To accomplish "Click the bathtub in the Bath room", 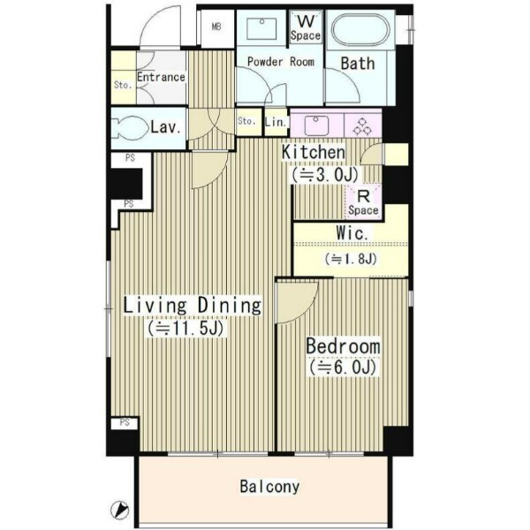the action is [x=360, y=30].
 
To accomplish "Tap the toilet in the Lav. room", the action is [x=130, y=128].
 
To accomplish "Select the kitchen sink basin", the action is [x=316, y=125].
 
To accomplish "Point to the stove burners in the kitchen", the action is [x=362, y=126].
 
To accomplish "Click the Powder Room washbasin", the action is [x=261, y=29].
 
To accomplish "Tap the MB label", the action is [x=216, y=26].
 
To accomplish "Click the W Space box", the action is [x=306, y=26].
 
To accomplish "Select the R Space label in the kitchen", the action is [x=363, y=202].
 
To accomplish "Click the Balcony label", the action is [x=269, y=487].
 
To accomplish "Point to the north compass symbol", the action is [x=119, y=510].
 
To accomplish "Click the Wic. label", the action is [x=352, y=233].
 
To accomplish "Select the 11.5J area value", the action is [x=185, y=329].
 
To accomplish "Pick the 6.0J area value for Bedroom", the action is [x=342, y=367].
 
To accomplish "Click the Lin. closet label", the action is [x=276, y=122].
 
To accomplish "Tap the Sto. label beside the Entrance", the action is [x=123, y=85].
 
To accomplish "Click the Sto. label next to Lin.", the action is [x=246, y=121].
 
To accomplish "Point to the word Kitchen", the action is [x=314, y=153].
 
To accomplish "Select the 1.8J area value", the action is [x=351, y=259].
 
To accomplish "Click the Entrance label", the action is [x=161, y=77].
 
